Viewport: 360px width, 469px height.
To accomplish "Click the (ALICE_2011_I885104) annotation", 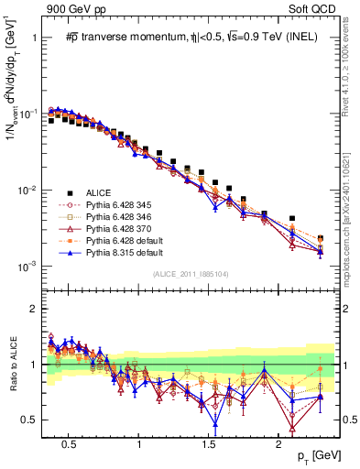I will (x=191, y=273).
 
